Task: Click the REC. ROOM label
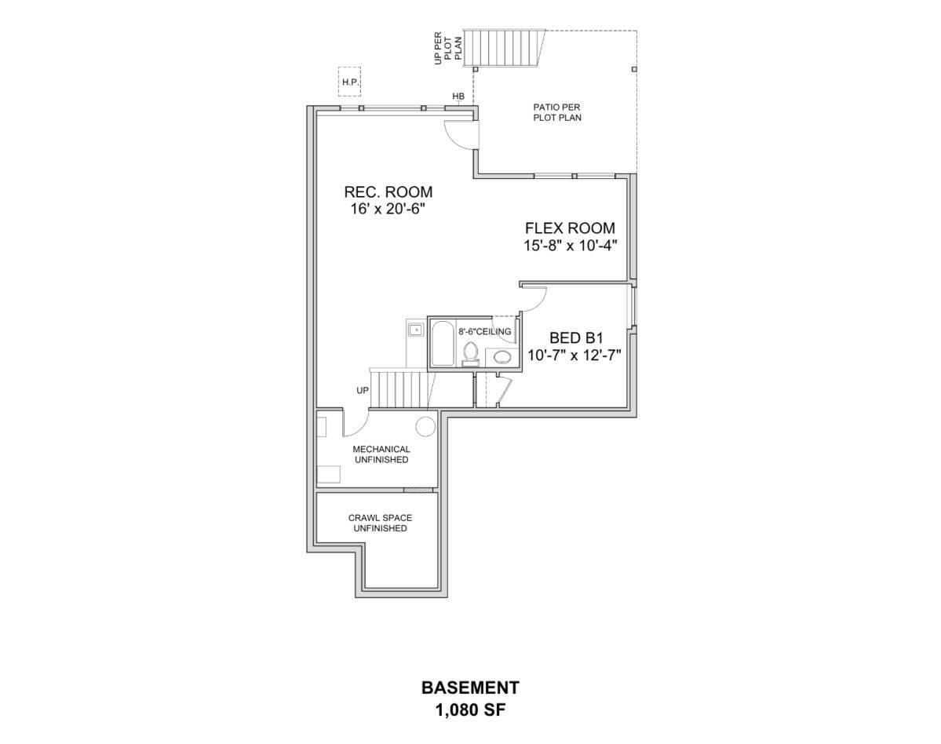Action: tap(388, 192)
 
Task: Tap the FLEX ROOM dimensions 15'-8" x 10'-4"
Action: tap(570, 246)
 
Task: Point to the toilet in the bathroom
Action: tap(471, 353)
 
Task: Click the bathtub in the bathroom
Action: tap(443, 345)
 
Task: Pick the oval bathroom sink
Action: tap(502, 358)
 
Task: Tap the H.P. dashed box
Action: tap(349, 81)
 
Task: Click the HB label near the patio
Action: tap(458, 96)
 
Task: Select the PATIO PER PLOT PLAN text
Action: tap(557, 112)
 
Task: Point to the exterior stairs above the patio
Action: tap(504, 48)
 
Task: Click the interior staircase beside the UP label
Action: tap(401, 389)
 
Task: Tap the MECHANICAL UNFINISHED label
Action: tap(381, 454)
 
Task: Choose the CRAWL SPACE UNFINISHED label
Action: tap(381, 523)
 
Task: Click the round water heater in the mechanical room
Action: tap(425, 425)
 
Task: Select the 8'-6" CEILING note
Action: tap(485, 331)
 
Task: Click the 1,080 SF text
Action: tap(471, 710)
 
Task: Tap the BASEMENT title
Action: tap(471, 687)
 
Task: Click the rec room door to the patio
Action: tap(463, 133)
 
